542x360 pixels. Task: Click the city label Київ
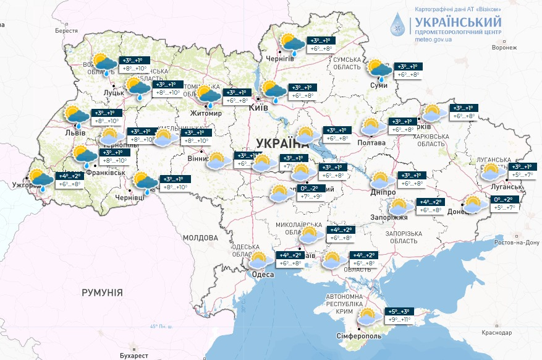257,108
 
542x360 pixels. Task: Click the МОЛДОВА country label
200,238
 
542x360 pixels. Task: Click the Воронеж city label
504,48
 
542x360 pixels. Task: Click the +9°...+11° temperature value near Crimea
398,320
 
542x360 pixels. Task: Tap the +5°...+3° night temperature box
398,311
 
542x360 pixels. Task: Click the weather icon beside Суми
378,70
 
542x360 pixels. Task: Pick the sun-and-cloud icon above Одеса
257,260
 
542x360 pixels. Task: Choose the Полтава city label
371,143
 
